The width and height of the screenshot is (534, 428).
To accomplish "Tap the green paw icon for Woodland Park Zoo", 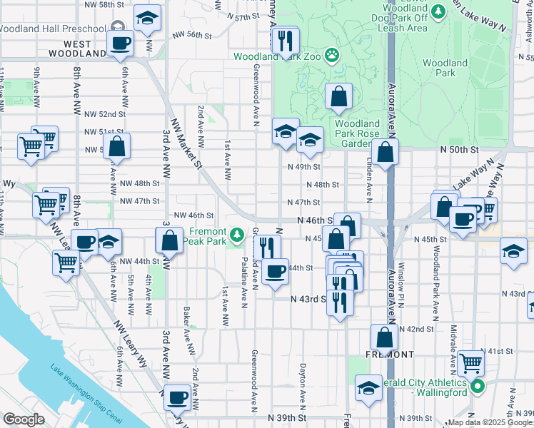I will click(x=331, y=55).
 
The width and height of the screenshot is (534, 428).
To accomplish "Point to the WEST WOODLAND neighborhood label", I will click(x=80, y=49).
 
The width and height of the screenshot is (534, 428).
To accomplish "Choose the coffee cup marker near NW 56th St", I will click(x=121, y=43).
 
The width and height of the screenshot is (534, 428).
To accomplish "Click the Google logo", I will click(x=23, y=419).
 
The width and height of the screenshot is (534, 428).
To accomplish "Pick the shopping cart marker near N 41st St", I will click(x=471, y=363).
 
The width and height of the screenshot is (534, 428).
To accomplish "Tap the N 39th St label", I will click(x=286, y=417).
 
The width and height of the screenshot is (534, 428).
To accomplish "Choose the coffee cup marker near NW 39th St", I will click(x=176, y=397).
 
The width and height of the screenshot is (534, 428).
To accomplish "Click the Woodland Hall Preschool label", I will click(x=51, y=29).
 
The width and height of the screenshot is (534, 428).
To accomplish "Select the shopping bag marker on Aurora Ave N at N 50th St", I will click(x=385, y=151).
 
